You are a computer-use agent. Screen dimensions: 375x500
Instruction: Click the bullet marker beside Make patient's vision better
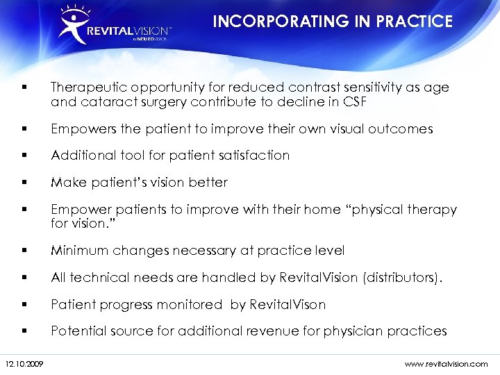click(x=24, y=182)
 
